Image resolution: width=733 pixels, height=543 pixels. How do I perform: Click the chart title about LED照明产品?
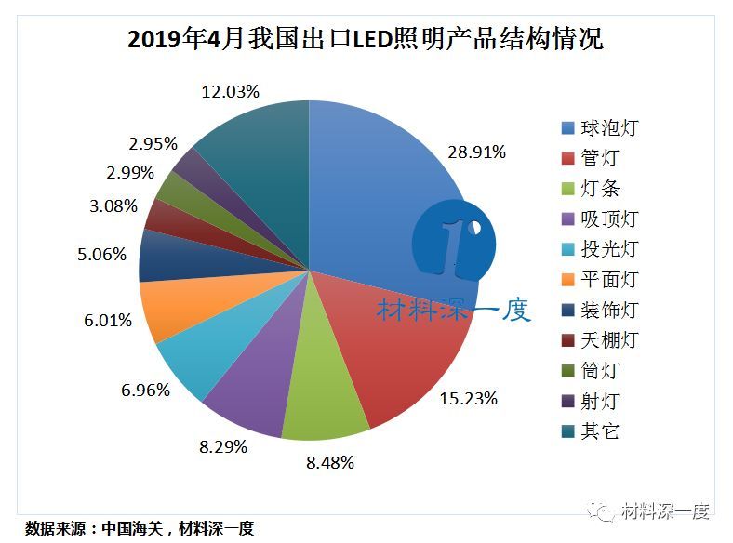click(x=365, y=39)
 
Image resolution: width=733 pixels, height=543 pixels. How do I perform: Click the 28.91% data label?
click(x=475, y=152)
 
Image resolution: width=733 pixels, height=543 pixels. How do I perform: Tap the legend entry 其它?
click(x=591, y=431)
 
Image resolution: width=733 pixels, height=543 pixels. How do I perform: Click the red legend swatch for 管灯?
click(x=566, y=159)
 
